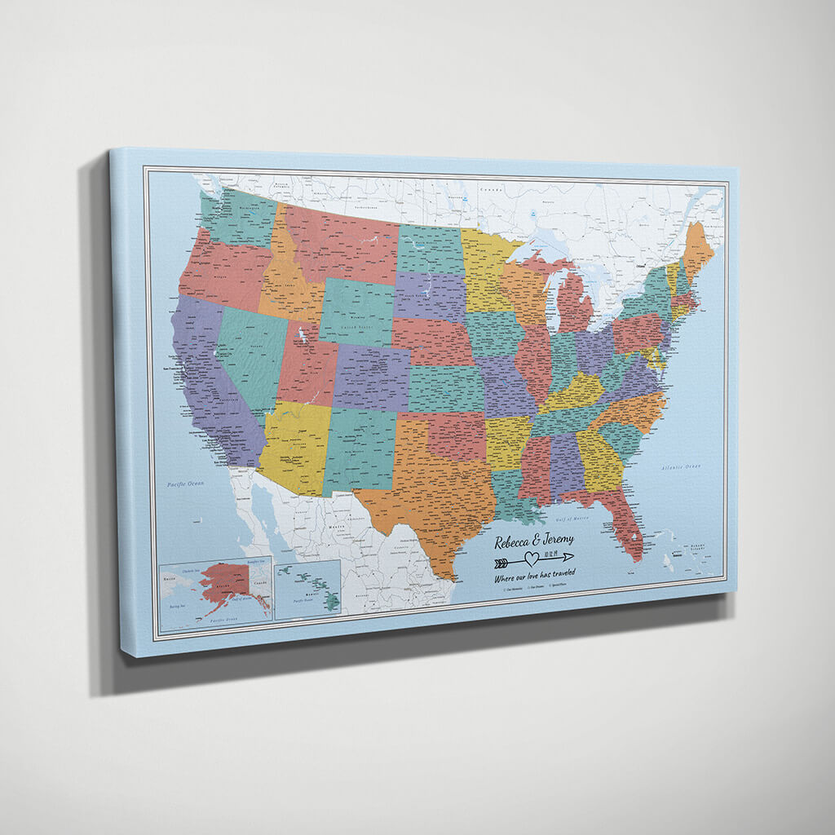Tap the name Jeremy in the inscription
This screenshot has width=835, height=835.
(554, 539)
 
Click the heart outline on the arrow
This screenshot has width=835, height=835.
(531, 559)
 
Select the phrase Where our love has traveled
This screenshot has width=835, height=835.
(534, 576)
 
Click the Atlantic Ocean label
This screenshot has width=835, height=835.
(681, 466)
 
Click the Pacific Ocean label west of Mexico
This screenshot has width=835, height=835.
(184, 484)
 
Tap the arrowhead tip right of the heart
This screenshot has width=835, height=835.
(572, 557)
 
